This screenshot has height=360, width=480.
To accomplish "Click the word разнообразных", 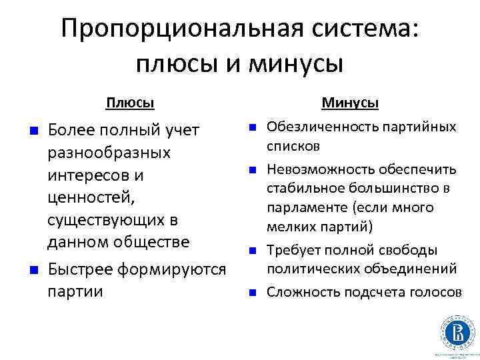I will click(x=109, y=153).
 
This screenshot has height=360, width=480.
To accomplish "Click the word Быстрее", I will click(x=81, y=269).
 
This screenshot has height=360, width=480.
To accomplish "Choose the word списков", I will click(x=294, y=145).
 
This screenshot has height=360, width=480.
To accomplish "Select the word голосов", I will click(x=436, y=292).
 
